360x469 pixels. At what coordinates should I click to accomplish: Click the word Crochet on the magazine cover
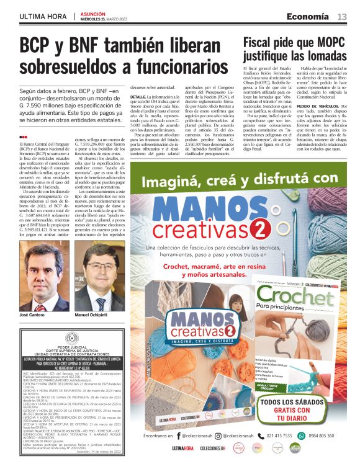(x=289, y=297)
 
